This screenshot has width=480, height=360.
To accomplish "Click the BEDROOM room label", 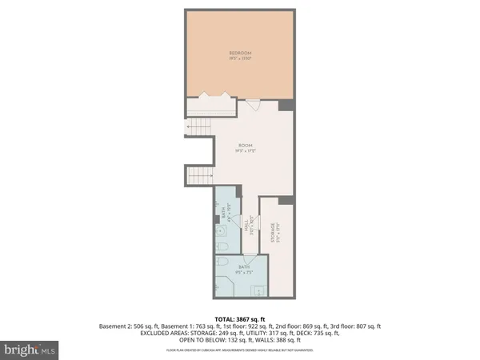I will [x=239, y=56].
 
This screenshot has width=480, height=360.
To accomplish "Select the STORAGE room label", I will [x=273, y=232].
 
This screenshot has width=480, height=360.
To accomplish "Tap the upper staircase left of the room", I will [x=198, y=126].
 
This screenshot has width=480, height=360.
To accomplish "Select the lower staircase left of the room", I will [x=198, y=177].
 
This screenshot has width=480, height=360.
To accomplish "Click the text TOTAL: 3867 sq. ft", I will [x=239, y=318].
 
